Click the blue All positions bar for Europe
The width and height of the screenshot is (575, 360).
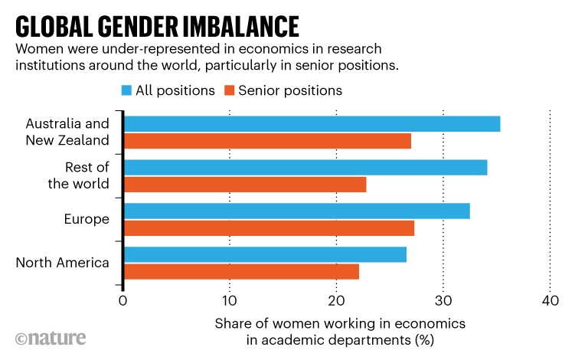pyautogui.click(x=296, y=211)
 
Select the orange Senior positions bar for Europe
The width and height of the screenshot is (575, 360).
pyautogui.click(x=269, y=228)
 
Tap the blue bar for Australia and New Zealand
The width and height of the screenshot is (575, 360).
pyautogui.click(x=312, y=124)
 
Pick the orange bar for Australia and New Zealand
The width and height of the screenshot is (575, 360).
pyautogui.click(x=267, y=141)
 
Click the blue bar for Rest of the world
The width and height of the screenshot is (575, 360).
pyautogui.click(x=305, y=168)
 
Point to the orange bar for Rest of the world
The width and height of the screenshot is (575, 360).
pyautogui.click(x=245, y=185)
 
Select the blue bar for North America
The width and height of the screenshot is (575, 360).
pyautogui.click(x=265, y=255)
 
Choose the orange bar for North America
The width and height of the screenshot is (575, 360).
pyautogui.click(x=241, y=272)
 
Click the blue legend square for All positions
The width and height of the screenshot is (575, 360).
pyautogui.click(x=127, y=90)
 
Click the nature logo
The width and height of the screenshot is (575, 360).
pyautogui.click(x=51, y=338)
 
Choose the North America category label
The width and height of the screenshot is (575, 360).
pyautogui.click(x=63, y=263)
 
